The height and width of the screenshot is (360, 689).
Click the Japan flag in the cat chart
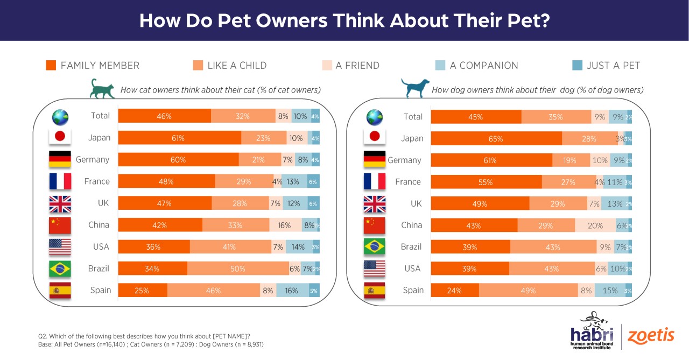pyautogui.click(x=60, y=138)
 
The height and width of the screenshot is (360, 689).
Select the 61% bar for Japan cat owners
pyautogui.click(x=179, y=138)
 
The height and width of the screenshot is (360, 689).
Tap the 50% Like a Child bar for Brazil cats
pyautogui.click(x=238, y=269)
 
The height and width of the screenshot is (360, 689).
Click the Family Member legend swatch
pyautogui.click(x=51, y=66)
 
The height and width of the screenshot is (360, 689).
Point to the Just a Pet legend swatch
pyautogui.click(x=577, y=66)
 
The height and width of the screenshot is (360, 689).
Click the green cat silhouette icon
pyautogui.click(x=102, y=89)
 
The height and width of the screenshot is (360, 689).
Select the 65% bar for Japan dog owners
pyautogui.click(x=496, y=139)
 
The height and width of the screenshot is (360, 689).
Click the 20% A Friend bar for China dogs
pyautogui.click(x=595, y=225)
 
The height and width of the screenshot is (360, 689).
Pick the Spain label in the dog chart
pyautogui.click(x=413, y=290)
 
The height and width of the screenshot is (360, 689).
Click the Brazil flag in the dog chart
pyautogui.click(x=375, y=247)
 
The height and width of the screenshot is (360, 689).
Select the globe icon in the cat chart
pyautogui.click(x=59, y=116)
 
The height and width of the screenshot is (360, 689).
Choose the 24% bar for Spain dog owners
pyautogui.click(x=455, y=291)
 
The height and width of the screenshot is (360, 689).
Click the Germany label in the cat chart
pyautogui.click(x=93, y=160)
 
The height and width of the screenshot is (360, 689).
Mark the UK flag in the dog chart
pyautogui.click(x=375, y=204)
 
